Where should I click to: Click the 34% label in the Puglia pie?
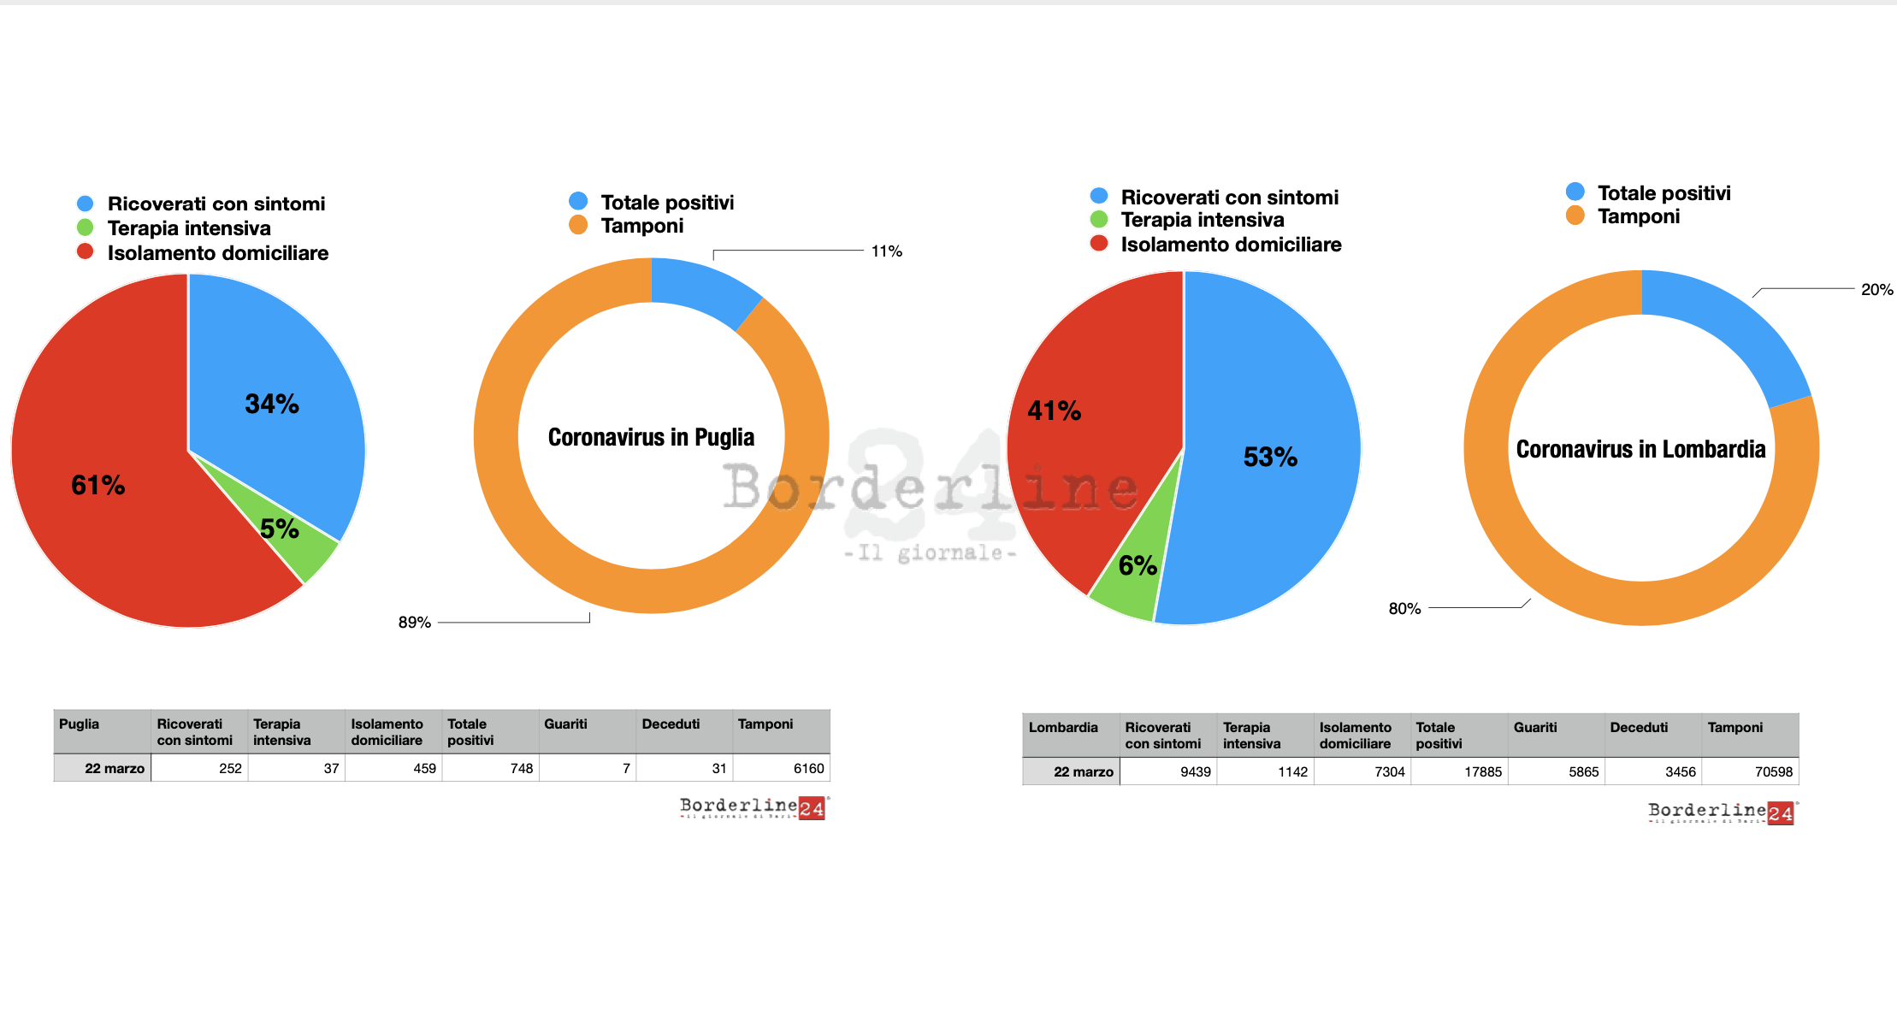272,404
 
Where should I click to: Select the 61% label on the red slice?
98,486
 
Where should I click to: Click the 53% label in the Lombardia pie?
1270,457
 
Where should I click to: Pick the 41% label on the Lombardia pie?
1054,411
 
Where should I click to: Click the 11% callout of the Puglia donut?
886,251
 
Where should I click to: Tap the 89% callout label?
414,623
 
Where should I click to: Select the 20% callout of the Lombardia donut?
1876,290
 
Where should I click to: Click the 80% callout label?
1404,609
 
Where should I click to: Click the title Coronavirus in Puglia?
651,437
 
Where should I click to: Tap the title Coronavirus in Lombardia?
1640,449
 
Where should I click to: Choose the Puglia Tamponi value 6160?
808,768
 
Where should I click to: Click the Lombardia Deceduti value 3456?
1680,771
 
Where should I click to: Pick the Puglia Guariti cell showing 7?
626,768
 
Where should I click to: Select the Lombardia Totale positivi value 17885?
1482,771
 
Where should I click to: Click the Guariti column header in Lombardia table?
1535,728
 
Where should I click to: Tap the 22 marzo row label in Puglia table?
114,768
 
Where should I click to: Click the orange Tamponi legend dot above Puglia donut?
578,225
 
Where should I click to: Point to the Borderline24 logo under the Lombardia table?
1723,812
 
